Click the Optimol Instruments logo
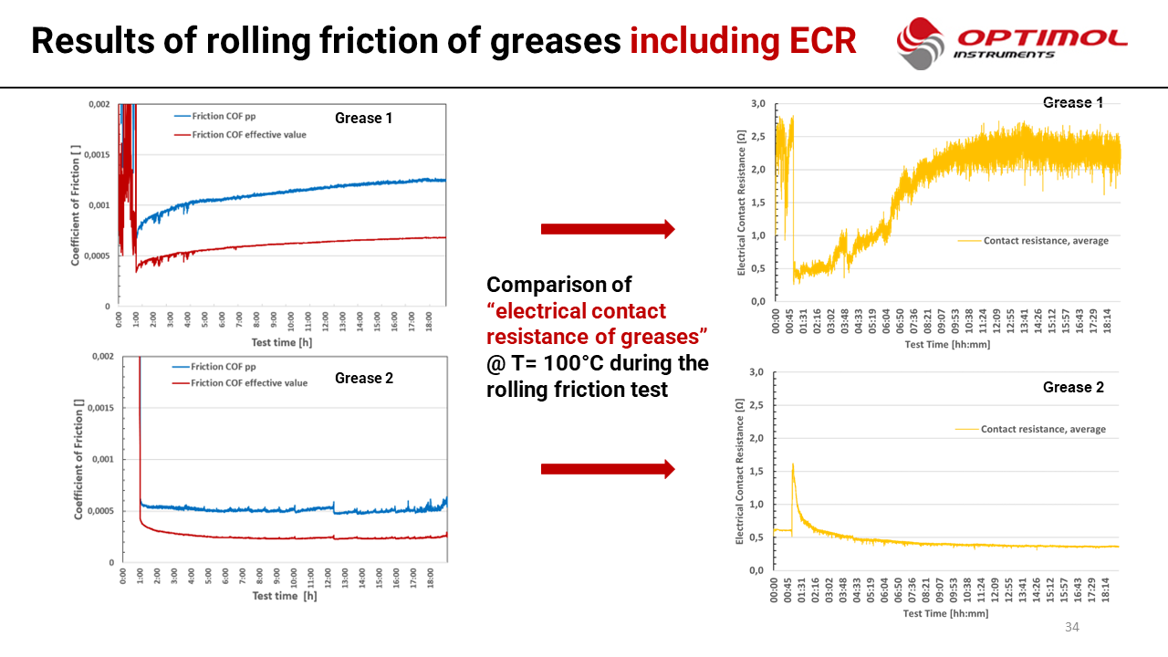pos(1011,43)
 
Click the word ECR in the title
pos(818,40)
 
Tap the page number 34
pos(1072,627)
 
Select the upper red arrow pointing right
pos(608,229)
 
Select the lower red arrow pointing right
pos(608,469)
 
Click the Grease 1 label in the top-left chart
pos(364,118)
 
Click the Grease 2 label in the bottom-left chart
pos(364,378)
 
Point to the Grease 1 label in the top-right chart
pos(1073,102)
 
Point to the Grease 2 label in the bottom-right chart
pos(1073,387)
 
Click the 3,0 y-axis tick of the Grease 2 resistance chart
pos(756,372)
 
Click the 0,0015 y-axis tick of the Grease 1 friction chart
pos(96,155)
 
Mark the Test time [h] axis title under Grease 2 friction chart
pos(285,596)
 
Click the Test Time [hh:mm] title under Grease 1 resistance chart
pos(946,345)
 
